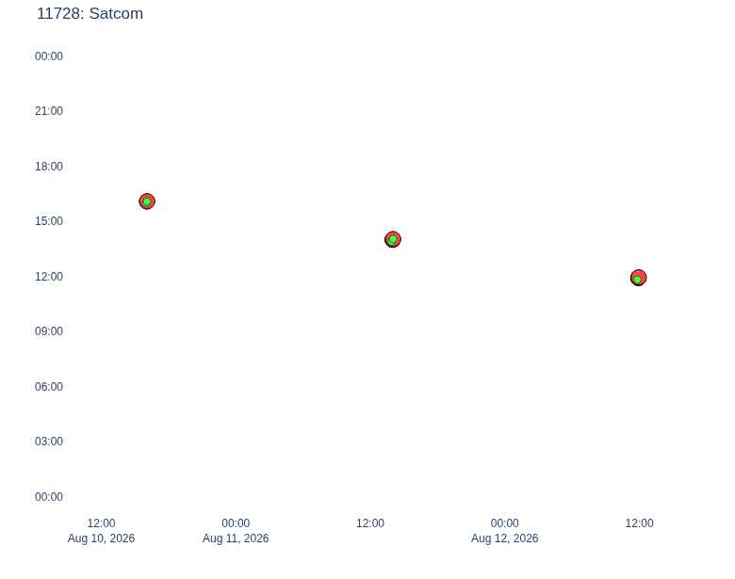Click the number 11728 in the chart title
click(60, 13)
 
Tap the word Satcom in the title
click(116, 13)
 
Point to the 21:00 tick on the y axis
click(49, 111)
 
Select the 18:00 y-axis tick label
click(49, 167)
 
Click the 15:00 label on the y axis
click(49, 221)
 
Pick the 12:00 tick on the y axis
click(49, 277)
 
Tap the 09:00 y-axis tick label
click(49, 331)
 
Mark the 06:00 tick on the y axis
click(49, 386)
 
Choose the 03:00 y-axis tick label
click(49, 442)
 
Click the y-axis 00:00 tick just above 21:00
click(49, 56)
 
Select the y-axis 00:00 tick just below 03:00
click(49, 496)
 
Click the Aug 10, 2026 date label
click(101, 539)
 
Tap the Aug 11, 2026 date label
click(236, 539)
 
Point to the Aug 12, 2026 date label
click(505, 539)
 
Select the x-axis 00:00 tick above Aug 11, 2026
click(236, 523)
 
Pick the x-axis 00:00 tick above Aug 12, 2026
click(505, 523)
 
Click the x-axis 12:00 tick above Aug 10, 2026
click(101, 523)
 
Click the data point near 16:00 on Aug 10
click(147, 201)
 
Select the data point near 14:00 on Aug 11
click(393, 239)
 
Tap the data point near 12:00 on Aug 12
click(639, 278)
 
